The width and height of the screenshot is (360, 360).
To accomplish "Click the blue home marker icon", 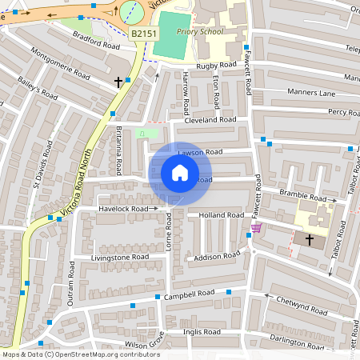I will [x=180, y=173].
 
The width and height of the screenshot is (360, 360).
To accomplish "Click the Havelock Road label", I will [x=124, y=209].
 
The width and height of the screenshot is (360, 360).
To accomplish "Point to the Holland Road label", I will [x=221, y=215].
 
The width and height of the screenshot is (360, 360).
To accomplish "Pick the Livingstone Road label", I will [x=120, y=257].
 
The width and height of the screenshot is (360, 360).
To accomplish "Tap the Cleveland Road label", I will [x=210, y=119].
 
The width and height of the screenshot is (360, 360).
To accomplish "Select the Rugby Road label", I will [x=217, y=65].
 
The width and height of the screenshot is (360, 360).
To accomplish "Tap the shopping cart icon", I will [x=256, y=228].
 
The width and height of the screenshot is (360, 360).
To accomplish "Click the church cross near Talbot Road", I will [x=310, y=239].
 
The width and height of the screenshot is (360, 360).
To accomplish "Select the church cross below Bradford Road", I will [x=118, y=82].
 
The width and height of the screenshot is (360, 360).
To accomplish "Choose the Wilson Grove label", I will [x=143, y=344].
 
